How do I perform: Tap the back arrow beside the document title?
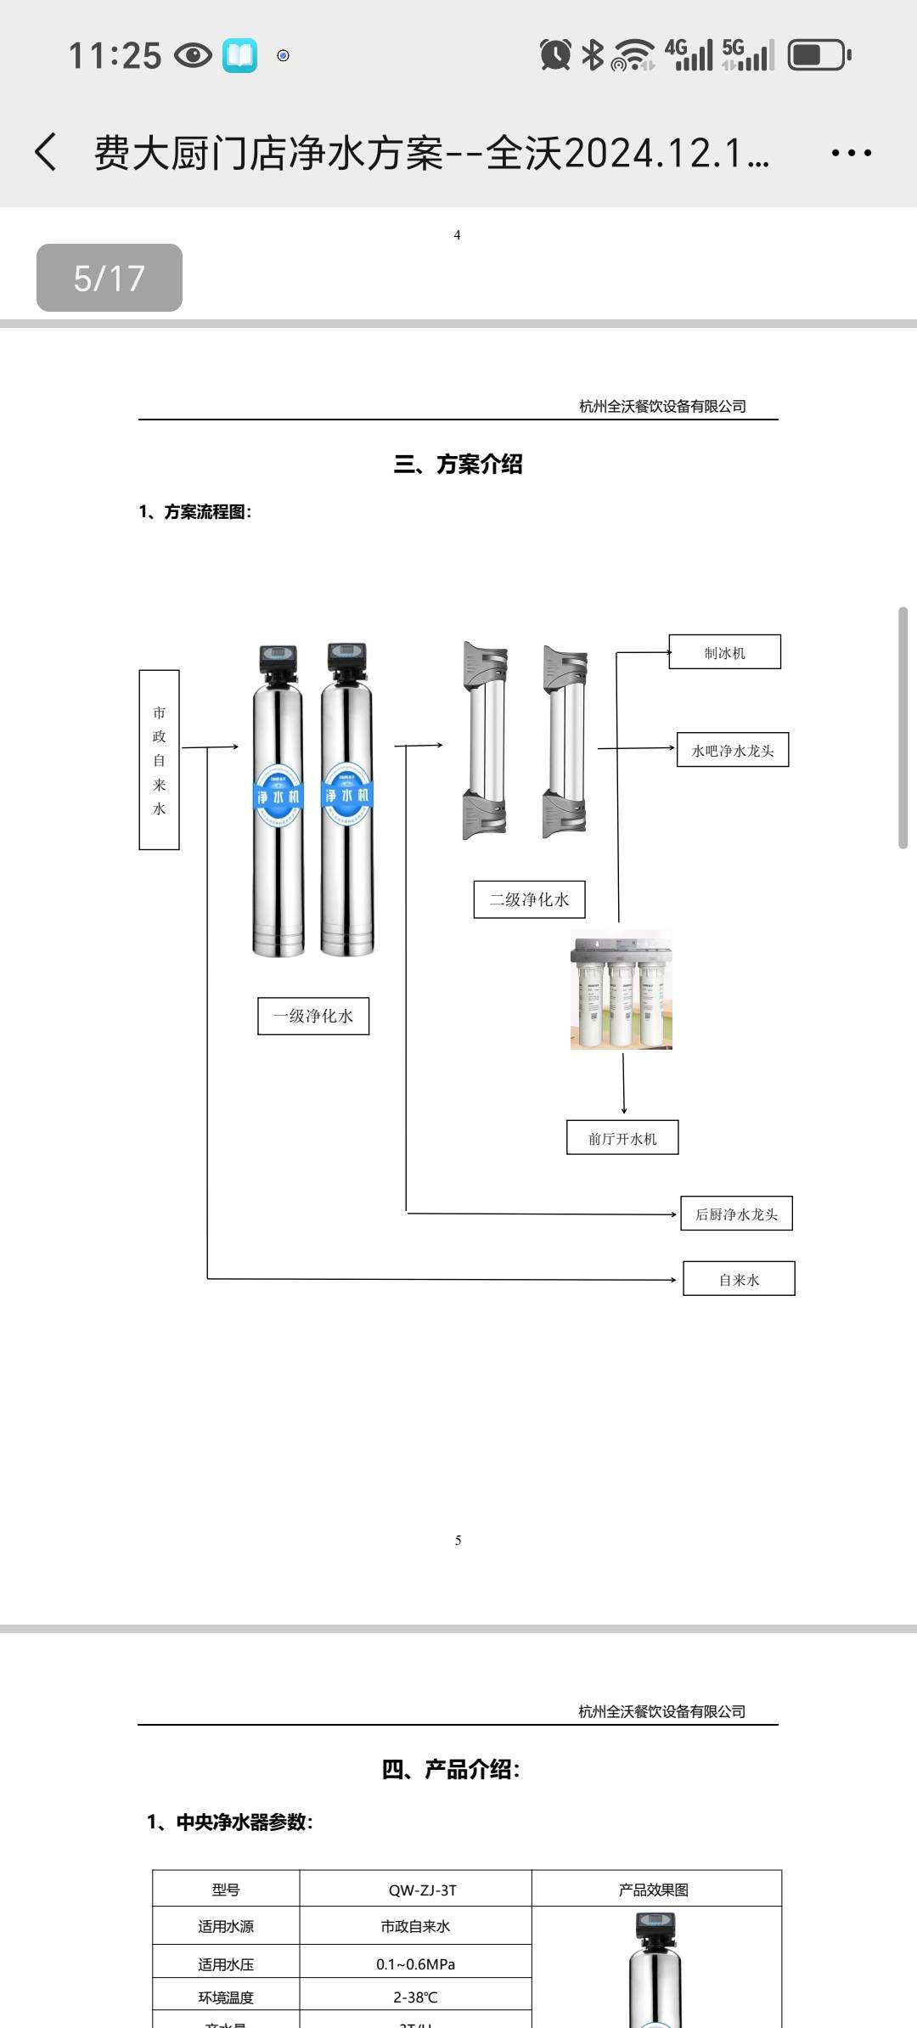click(46, 153)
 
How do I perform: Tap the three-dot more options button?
click(851, 153)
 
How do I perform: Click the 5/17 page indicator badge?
click(110, 278)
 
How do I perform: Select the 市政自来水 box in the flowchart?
click(159, 759)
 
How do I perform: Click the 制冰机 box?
click(724, 652)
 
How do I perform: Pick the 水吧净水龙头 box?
click(733, 750)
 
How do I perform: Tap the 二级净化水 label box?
click(529, 899)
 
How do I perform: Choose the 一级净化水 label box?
click(313, 1016)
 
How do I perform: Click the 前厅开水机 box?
click(622, 1138)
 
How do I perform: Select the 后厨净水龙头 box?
click(736, 1214)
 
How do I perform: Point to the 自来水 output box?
click(739, 1279)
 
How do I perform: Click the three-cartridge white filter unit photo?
click(622, 990)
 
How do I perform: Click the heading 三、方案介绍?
click(458, 464)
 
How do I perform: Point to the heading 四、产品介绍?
click(451, 1770)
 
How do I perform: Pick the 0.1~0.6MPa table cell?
click(415, 1964)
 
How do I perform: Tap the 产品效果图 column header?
click(654, 1890)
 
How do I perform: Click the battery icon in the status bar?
click(819, 55)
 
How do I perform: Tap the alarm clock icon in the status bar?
click(555, 55)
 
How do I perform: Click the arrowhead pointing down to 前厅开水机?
click(624, 1110)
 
